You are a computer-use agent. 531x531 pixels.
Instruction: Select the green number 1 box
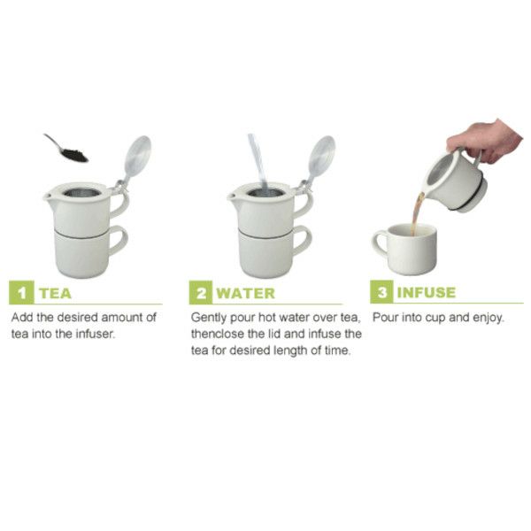(x=21, y=293)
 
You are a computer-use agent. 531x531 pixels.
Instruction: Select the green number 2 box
(x=201, y=293)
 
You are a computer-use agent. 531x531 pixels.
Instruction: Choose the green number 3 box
(x=381, y=292)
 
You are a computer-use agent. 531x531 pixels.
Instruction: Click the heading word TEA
(x=55, y=293)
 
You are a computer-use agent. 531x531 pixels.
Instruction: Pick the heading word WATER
(x=245, y=293)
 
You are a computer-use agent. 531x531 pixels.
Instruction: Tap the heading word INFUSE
(x=427, y=293)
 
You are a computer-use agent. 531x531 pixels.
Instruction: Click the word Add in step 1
(x=22, y=318)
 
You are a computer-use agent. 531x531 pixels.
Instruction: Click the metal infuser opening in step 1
(x=82, y=193)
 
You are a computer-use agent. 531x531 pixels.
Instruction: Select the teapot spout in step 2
(x=233, y=196)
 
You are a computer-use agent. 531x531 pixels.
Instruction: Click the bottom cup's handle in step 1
(x=119, y=241)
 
